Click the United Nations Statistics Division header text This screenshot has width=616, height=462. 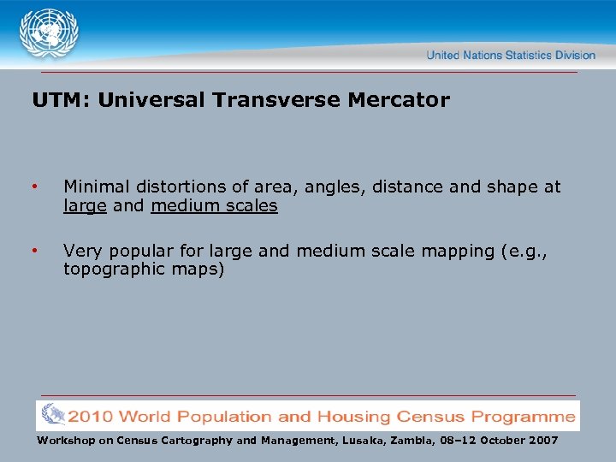(x=510, y=55)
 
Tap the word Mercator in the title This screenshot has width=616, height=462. (x=398, y=100)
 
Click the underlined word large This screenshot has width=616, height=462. (x=83, y=205)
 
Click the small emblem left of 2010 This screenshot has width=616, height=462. (x=52, y=416)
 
